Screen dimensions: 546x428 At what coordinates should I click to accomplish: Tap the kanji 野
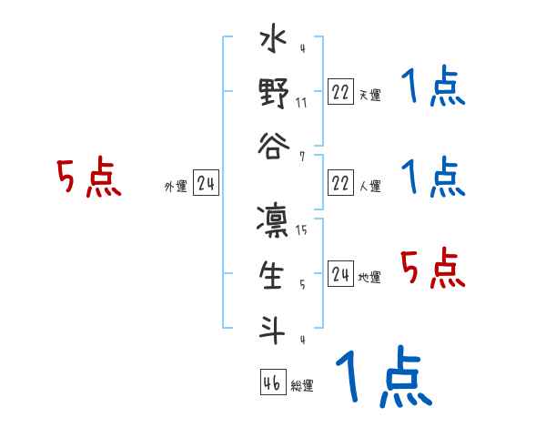coord(274,95)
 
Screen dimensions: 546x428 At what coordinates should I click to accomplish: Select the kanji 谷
coord(274,147)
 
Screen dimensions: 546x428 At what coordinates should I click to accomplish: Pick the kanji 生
coord(274,276)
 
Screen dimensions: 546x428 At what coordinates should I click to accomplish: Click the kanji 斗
coord(274,327)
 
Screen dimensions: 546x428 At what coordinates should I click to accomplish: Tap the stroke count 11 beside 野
coord(301,102)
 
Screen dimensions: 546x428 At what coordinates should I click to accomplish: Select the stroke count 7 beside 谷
coord(301,156)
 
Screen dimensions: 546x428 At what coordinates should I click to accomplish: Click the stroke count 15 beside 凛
coord(301,230)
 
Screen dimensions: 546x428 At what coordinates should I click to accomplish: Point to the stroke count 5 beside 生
coord(301,284)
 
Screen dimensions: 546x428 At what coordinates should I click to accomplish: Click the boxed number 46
coord(272,382)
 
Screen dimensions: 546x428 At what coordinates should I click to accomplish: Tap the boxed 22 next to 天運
coord(340,92)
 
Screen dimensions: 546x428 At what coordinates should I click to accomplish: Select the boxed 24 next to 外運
coord(206,185)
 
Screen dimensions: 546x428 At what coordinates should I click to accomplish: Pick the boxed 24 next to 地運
coord(340,274)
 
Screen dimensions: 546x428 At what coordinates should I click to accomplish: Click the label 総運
coord(302,386)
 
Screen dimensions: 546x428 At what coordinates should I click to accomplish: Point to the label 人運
coord(370,187)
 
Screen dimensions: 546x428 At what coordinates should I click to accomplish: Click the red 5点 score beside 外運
coord(88,178)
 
